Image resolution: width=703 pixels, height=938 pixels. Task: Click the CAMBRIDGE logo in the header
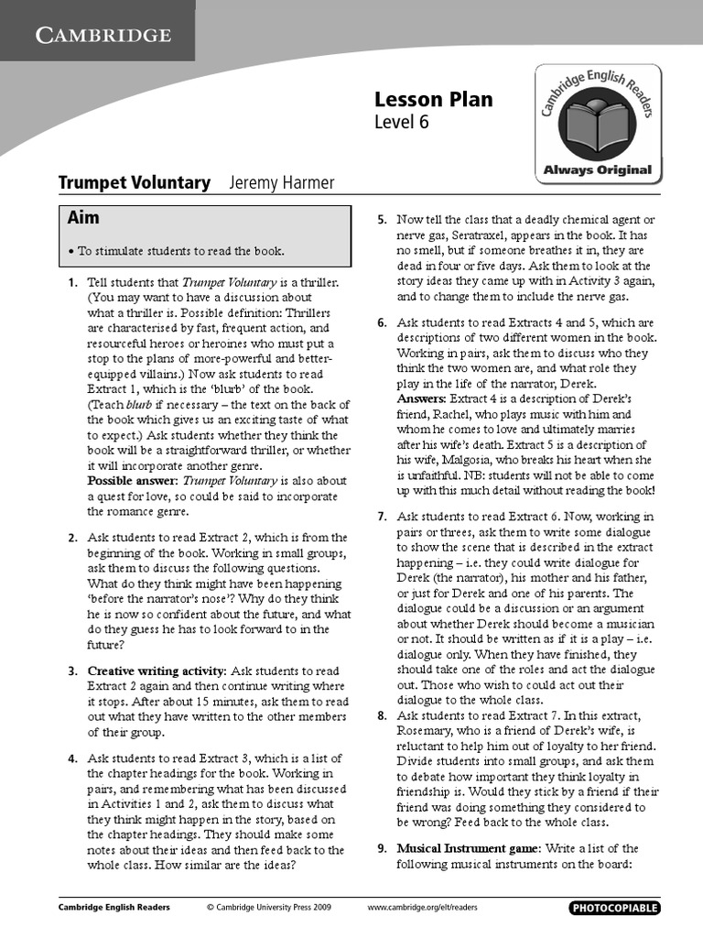pos(103,36)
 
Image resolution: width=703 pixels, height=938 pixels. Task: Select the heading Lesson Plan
pos(433,100)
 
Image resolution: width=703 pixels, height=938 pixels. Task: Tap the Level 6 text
pos(401,122)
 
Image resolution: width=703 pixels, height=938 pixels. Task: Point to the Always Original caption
pos(598,169)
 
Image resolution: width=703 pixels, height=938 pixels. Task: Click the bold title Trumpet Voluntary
pos(135,183)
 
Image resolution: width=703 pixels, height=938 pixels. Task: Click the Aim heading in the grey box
pos(83,219)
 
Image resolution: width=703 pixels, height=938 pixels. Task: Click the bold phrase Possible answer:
pos(132,480)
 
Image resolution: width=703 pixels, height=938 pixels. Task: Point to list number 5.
pos(383,220)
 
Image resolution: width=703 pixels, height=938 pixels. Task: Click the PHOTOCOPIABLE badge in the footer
pos(614,908)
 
